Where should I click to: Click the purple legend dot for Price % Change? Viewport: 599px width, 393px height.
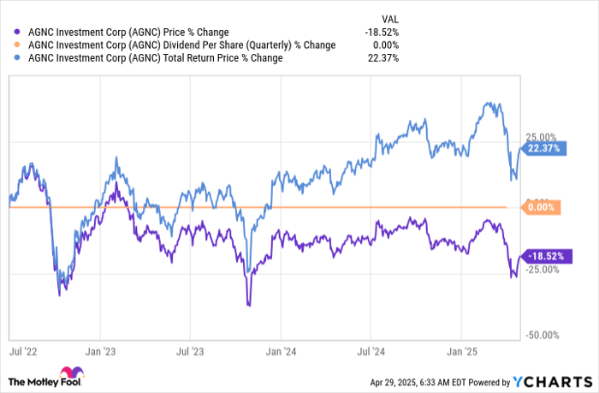(x=20, y=32)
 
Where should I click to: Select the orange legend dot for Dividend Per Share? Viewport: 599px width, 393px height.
(x=20, y=45)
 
